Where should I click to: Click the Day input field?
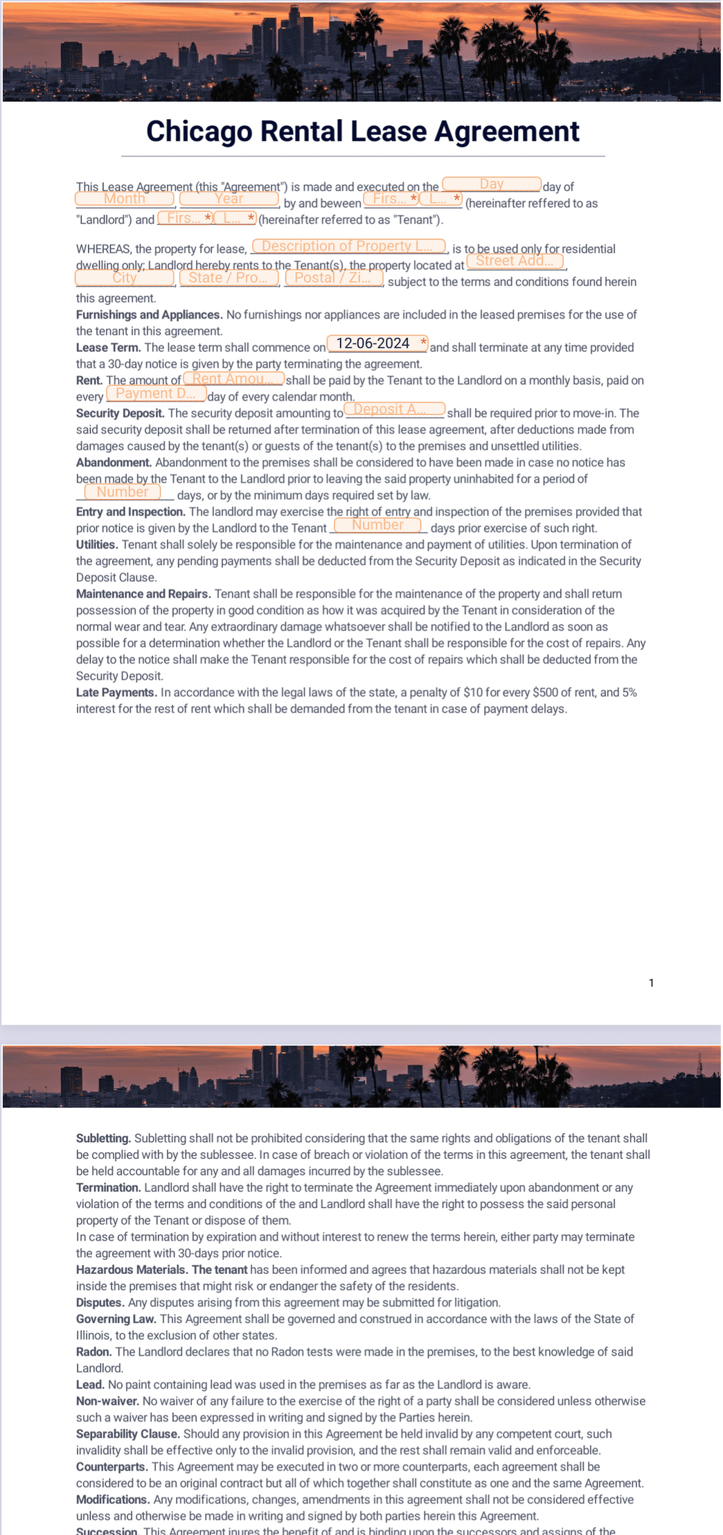[491, 184]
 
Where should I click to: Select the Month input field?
[125, 199]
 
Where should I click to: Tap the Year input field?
[229, 199]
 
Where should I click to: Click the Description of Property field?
[348, 246]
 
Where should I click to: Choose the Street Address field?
[515, 261]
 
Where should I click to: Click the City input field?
[125, 278]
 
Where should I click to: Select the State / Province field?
[229, 278]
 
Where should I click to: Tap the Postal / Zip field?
[334, 278]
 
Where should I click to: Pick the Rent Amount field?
[233, 379]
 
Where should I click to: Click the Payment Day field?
[157, 393]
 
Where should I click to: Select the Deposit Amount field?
[394, 409]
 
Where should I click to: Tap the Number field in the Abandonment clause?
[123, 492]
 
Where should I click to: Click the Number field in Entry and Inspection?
[377, 525]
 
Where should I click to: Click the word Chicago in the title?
[199, 132]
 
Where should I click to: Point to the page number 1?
[651, 983]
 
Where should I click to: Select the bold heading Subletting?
[103, 1138]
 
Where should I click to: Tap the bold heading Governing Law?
[116, 1319]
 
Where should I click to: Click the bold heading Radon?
[93, 1351]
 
